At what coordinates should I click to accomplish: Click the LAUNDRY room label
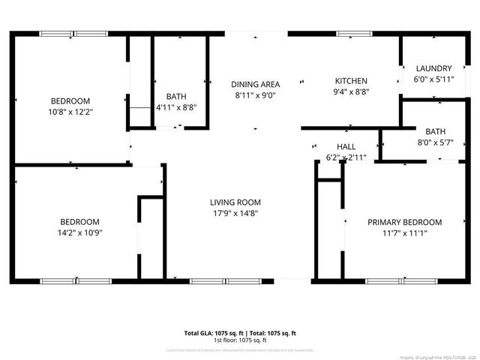point(433,67)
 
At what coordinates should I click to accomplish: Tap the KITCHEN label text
point(351,81)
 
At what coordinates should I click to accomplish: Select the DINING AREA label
point(255,84)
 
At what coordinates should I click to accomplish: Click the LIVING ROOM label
point(235,202)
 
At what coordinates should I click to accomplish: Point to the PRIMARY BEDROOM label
point(404,222)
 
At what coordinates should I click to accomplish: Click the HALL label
point(346,146)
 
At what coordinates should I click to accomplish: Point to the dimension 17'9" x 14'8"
point(235,213)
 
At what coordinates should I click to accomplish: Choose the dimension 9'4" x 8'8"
point(351,91)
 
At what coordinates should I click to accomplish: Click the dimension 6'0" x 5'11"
point(433,78)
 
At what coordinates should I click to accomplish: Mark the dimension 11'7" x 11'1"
point(404,233)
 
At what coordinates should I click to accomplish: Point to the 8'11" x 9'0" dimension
point(255,95)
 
